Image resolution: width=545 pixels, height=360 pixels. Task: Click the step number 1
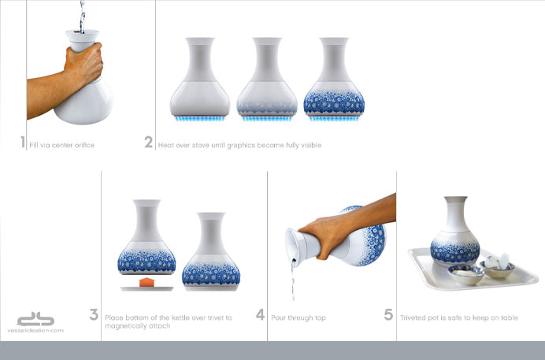[23, 142]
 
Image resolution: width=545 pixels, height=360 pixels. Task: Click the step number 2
[148, 142]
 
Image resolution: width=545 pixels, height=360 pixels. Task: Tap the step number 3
[94, 314]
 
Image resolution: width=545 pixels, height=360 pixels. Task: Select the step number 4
[261, 314]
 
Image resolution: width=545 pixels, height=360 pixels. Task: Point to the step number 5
[388, 314]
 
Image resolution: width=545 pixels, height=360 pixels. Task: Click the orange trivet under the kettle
[146, 282]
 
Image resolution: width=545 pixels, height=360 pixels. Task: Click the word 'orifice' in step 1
[83, 145]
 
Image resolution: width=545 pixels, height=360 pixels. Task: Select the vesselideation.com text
[35, 331]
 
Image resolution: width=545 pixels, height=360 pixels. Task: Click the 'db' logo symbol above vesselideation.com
[35, 319]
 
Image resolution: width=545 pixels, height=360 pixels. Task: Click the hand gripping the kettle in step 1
[83, 62]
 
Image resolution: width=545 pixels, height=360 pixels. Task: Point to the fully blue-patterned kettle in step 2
[334, 76]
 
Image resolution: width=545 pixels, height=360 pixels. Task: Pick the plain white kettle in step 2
[200, 76]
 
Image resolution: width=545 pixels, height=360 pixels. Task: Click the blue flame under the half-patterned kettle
[267, 119]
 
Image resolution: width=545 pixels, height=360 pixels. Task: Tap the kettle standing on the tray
[455, 231]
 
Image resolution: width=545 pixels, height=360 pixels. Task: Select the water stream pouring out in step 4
[293, 280]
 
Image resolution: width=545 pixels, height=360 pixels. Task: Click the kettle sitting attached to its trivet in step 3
[211, 251]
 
